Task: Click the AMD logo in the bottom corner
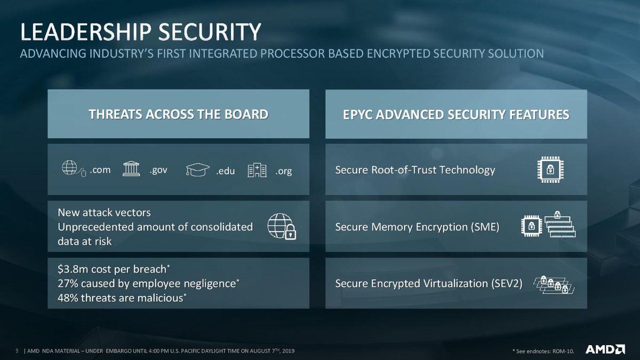(605, 349)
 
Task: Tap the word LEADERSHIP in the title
(86, 31)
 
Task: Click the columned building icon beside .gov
(131, 169)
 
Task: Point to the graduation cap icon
(197, 170)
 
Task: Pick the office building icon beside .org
(257, 170)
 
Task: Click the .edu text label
(225, 171)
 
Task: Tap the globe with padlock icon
(282, 226)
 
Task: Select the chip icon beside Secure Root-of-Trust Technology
(550, 170)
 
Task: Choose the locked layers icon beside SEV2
(554, 285)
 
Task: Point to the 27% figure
(68, 284)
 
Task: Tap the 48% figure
(68, 298)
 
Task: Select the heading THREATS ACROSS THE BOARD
(179, 114)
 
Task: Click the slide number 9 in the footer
(17, 350)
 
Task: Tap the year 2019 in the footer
(289, 351)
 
